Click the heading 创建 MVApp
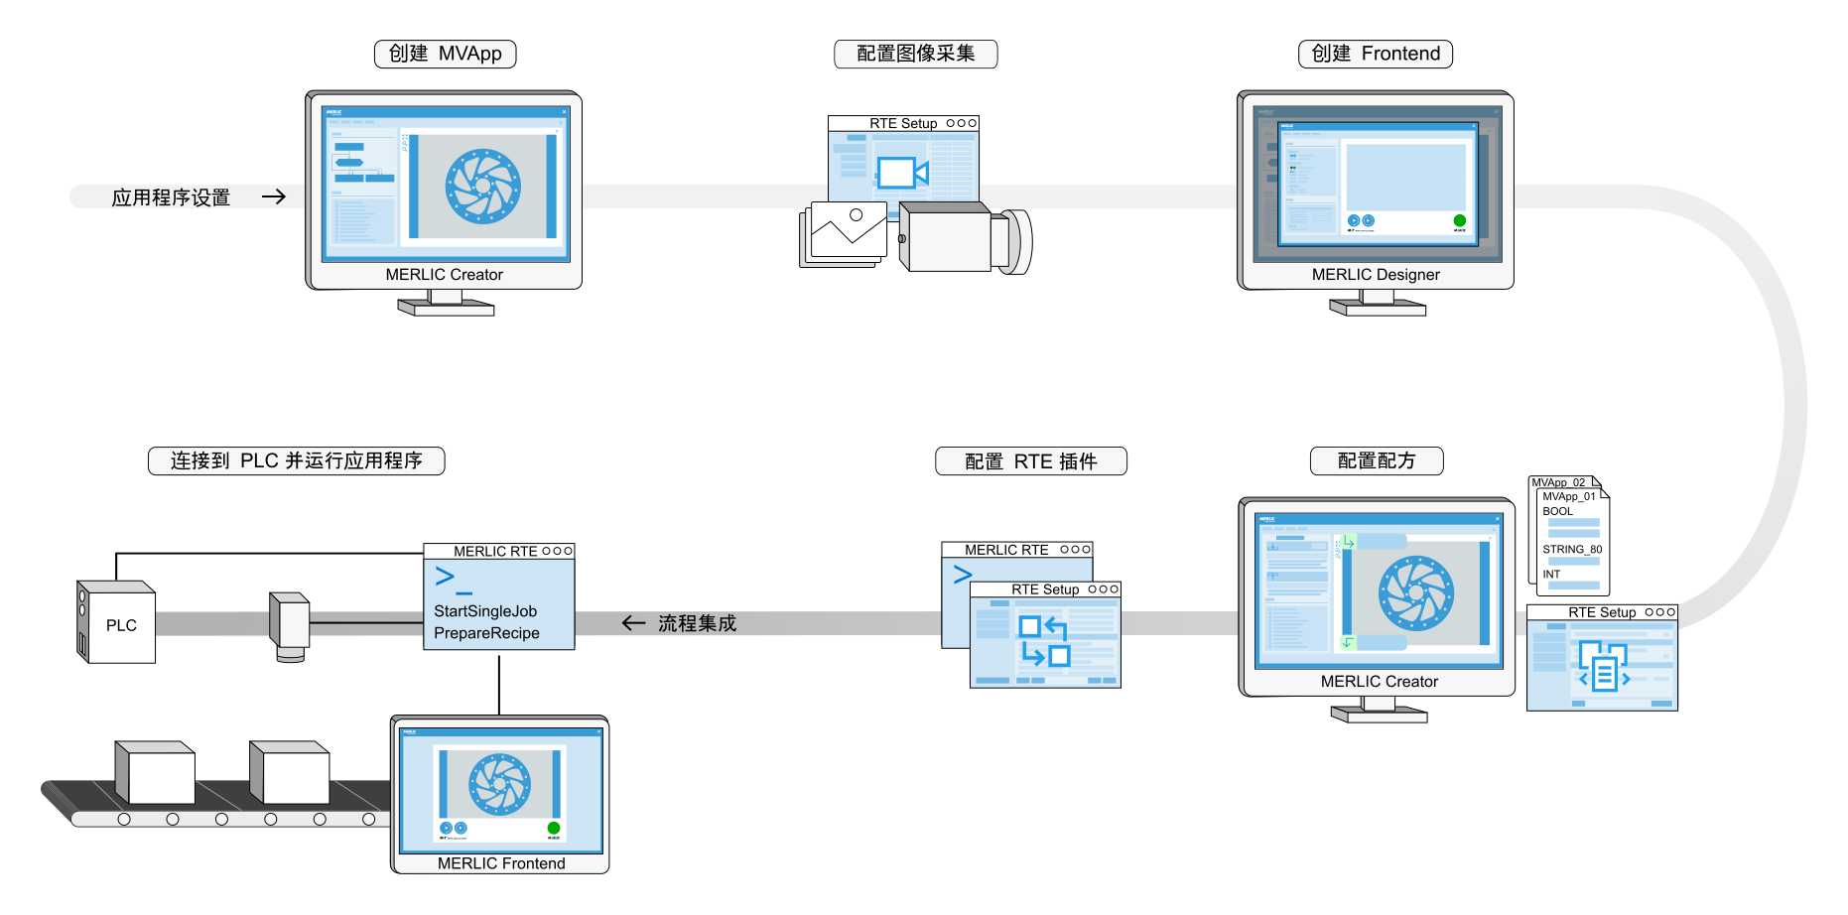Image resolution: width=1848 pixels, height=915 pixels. coord(445,54)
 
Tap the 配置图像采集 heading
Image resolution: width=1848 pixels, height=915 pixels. coord(915,54)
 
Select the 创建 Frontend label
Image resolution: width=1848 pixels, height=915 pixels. coord(1376,54)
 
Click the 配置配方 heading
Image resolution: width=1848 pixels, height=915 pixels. coord(1377,460)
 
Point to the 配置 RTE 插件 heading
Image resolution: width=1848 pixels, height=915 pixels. coord(1031,461)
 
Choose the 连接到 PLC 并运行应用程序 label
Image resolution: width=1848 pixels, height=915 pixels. coord(296,460)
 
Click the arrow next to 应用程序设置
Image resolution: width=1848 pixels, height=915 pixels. coord(274,196)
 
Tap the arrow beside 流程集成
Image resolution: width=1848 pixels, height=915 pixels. coord(633,623)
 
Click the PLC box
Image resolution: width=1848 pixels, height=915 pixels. coord(120,625)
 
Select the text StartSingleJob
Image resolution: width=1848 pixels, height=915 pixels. coord(485,611)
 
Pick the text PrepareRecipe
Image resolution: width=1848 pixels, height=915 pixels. coord(486,633)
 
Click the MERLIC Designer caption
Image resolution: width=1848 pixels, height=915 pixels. coord(1376,275)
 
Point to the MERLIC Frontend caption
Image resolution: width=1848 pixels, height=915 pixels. coord(501,863)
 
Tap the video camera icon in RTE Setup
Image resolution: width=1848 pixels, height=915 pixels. coord(901,173)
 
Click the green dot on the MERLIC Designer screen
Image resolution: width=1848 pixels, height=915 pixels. coord(1459,220)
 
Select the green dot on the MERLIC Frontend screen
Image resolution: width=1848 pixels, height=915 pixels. coord(554,828)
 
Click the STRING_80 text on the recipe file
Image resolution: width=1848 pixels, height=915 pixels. coord(1572,549)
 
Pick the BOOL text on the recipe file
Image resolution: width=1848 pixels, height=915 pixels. coord(1557,511)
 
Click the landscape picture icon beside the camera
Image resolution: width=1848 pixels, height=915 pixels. coord(847,230)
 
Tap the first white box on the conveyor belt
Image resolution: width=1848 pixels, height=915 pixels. coord(157,774)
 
